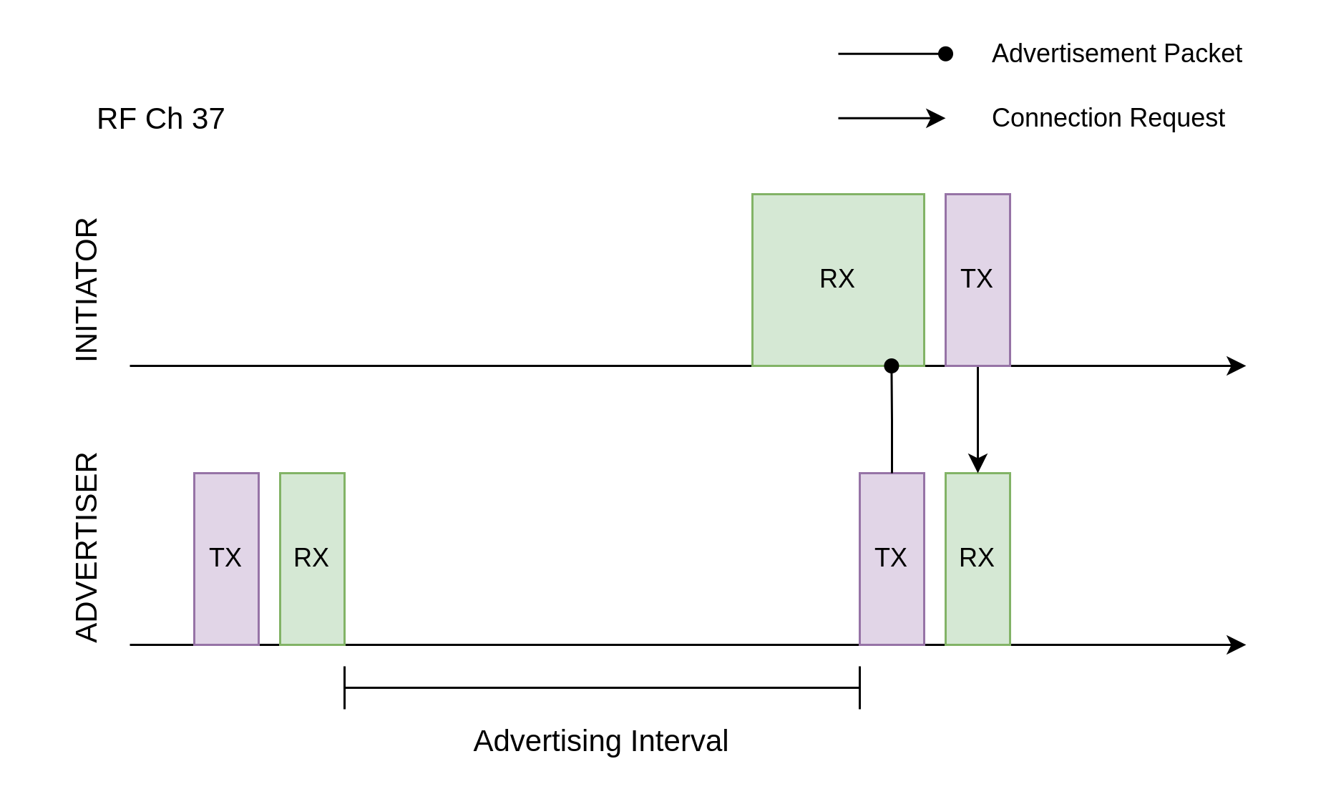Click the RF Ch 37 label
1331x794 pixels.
pyautogui.click(x=160, y=119)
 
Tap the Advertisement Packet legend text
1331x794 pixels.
pyautogui.click(x=1116, y=54)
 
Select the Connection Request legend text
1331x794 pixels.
pyautogui.click(x=1108, y=118)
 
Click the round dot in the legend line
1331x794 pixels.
pyautogui.click(x=945, y=54)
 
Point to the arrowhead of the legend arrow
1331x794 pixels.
pyautogui.click(x=937, y=118)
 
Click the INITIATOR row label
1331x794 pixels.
pyautogui.click(x=87, y=290)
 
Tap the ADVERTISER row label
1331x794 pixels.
pyautogui.click(x=87, y=547)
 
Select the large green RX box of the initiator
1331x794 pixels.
pyautogui.click(x=838, y=280)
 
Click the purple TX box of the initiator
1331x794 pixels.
pyautogui.click(x=977, y=280)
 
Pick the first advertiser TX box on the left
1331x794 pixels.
pyautogui.click(x=226, y=559)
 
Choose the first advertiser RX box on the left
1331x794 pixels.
pyautogui.click(x=312, y=559)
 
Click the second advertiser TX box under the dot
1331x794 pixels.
pyautogui.click(x=892, y=559)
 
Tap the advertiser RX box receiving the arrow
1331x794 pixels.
pyautogui.click(x=977, y=559)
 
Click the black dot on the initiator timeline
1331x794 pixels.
pyautogui.click(x=892, y=366)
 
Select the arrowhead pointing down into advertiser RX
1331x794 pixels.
pyautogui.click(x=977, y=464)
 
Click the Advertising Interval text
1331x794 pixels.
pyautogui.click(x=600, y=741)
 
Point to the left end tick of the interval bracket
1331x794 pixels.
pyautogui.click(x=344, y=687)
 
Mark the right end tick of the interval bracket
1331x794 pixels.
pyautogui.click(x=859, y=687)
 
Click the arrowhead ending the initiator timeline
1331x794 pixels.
pyautogui.click(x=1237, y=366)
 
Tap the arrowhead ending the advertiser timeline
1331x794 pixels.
pyautogui.click(x=1237, y=644)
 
